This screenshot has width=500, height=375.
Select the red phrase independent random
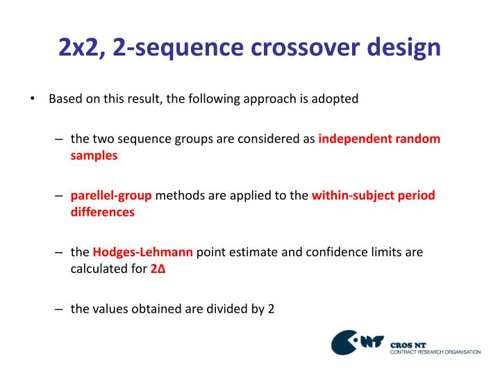379,138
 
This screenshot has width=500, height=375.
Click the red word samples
94,156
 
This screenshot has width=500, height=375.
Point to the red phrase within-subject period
373,195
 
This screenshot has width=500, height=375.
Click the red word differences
102,212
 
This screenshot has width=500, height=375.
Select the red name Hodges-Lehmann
143,252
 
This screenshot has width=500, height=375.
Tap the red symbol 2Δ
158,269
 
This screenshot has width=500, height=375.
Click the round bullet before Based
33,99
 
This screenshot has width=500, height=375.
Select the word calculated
98,269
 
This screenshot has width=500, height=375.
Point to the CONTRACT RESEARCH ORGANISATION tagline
435,352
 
